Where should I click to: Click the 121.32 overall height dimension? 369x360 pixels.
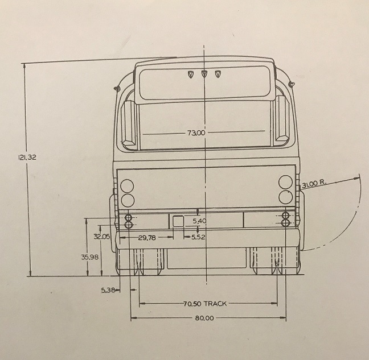click(x=27, y=157)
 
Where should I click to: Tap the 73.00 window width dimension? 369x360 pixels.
click(x=196, y=133)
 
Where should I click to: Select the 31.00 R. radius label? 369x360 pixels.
click(x=314, y=184)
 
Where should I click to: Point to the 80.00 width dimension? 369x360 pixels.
click(x=204, y=318)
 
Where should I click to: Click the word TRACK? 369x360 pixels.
click(x=215, y=304)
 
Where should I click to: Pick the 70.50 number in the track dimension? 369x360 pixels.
click(x=192, y=304)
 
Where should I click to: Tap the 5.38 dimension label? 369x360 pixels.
click(x=108, y=291)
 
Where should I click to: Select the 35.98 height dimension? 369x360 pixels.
click(x=90, y=257)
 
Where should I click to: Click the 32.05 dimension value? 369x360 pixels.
click(x=102, y=237)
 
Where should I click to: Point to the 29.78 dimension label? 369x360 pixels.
click(x=147, y=238)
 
